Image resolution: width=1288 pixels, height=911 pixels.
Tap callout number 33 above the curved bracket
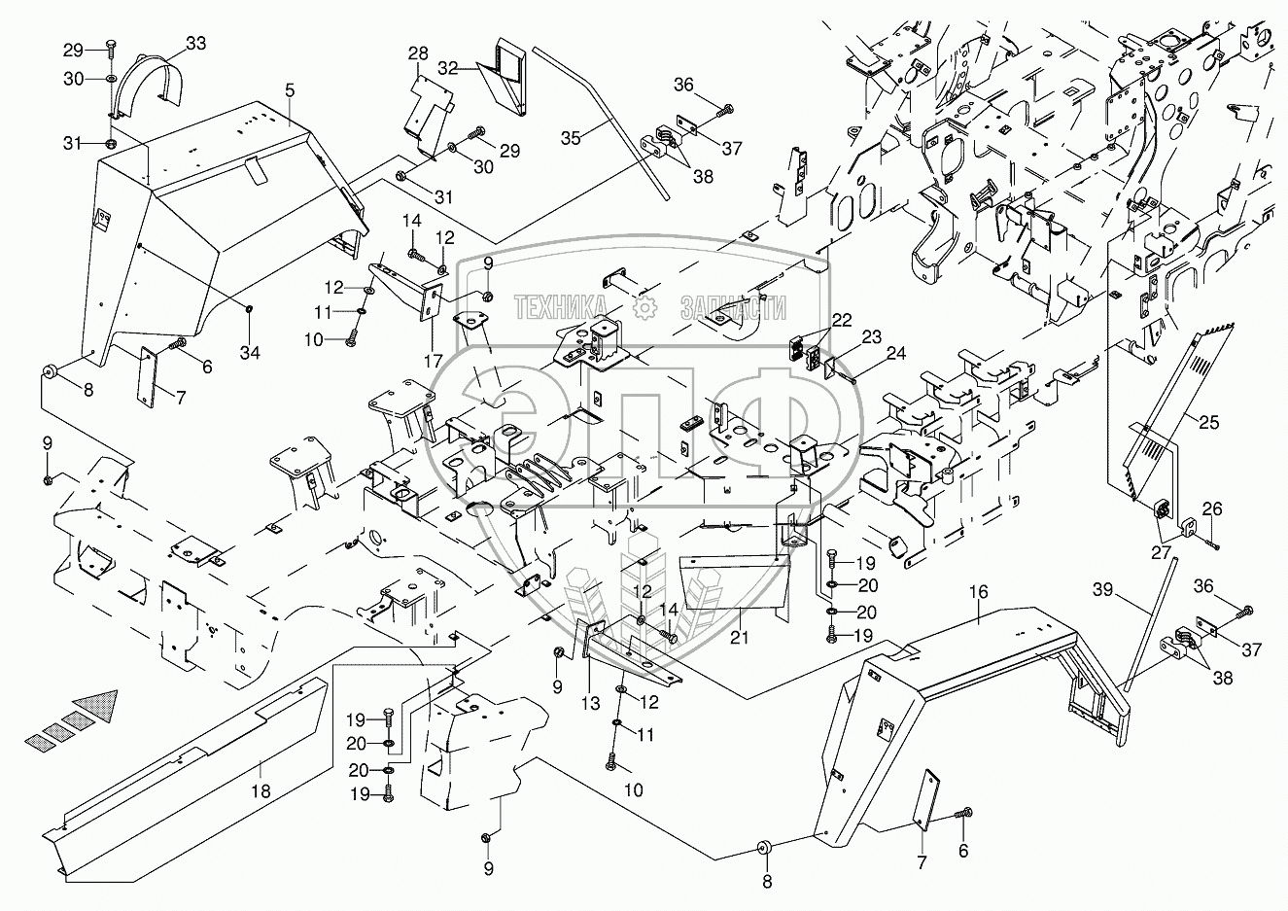[x=195, y=43]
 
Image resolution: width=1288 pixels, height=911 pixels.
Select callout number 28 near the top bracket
[x=418, y=53]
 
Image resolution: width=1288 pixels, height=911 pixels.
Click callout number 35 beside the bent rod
[x=571, y=138]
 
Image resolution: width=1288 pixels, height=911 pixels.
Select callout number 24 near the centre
[x=895, y=354]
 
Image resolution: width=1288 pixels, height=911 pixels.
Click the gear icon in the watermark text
[x=644, y=307]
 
